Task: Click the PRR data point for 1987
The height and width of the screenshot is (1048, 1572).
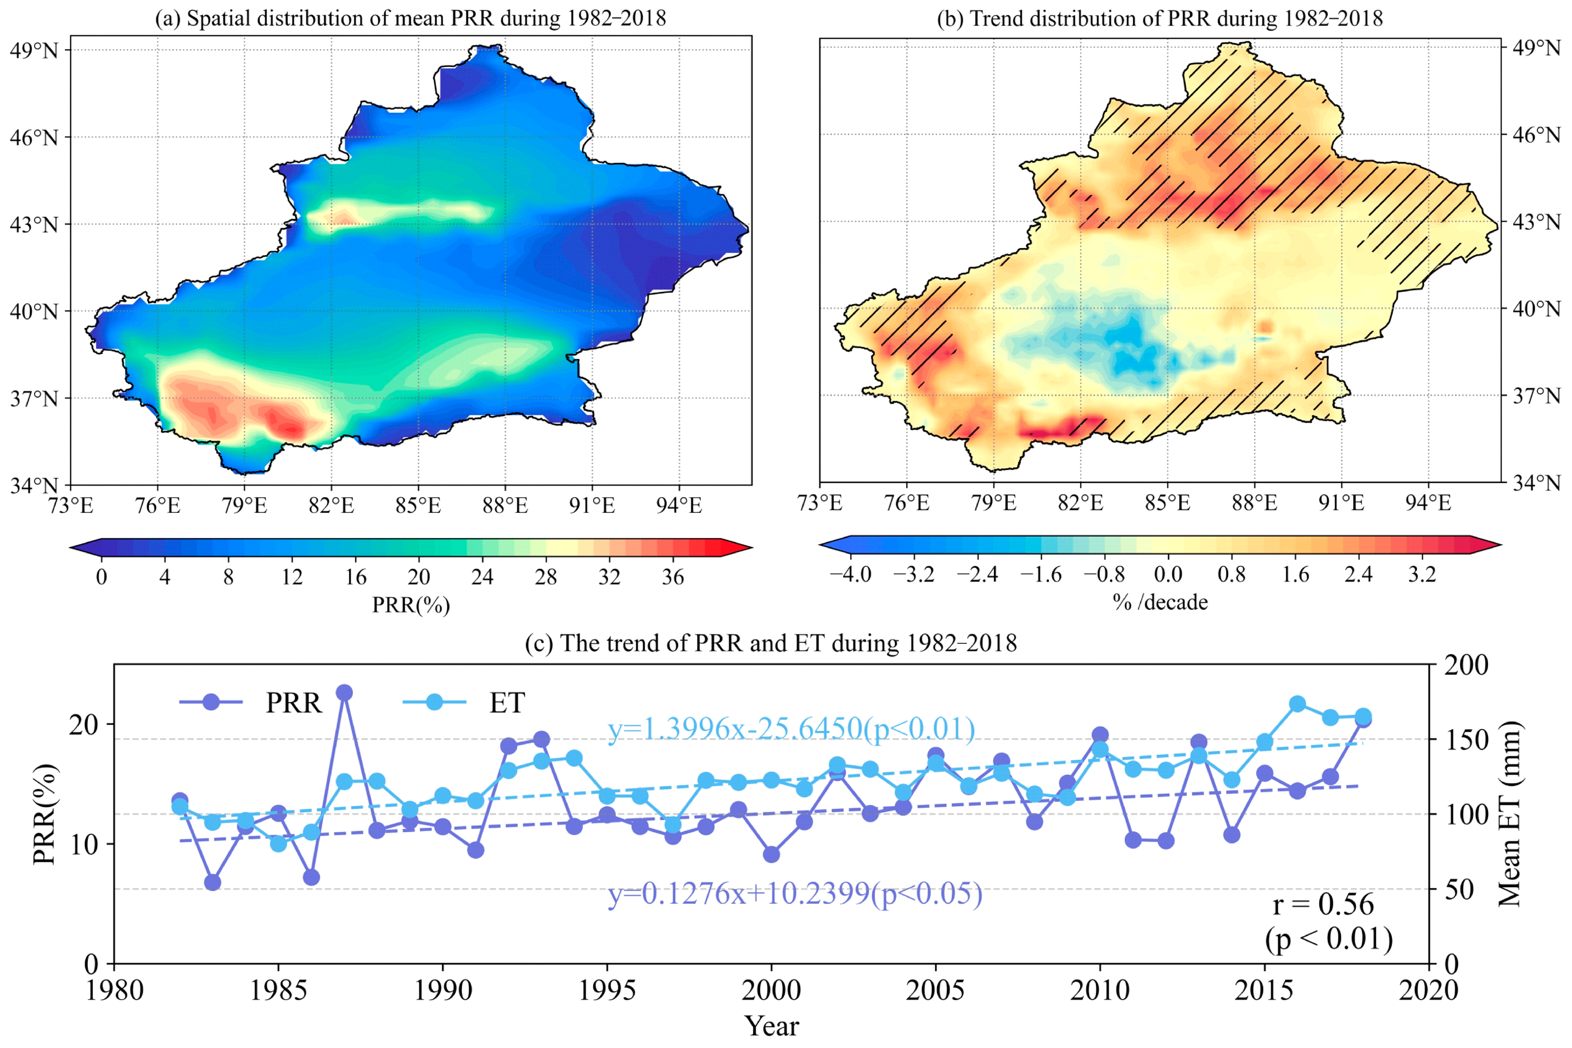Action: coord(344,693)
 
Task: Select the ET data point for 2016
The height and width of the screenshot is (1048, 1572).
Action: coord(1297,704)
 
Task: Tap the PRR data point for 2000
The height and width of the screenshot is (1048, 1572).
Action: coord(771,854)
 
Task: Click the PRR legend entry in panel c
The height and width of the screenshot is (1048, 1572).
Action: coord(250,703)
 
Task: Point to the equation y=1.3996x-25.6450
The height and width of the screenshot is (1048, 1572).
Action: coord(791,729)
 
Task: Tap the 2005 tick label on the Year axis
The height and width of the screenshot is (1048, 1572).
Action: coord(935,990)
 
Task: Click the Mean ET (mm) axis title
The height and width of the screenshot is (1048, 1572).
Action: coord(1510,814)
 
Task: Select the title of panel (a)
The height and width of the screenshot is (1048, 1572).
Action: coord(410,18)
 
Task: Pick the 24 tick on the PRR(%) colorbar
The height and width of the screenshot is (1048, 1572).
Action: coord(482,576)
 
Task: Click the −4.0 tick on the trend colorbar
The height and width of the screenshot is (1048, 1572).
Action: coord(850,574)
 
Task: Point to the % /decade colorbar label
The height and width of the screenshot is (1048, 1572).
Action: coord(1160,602)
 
